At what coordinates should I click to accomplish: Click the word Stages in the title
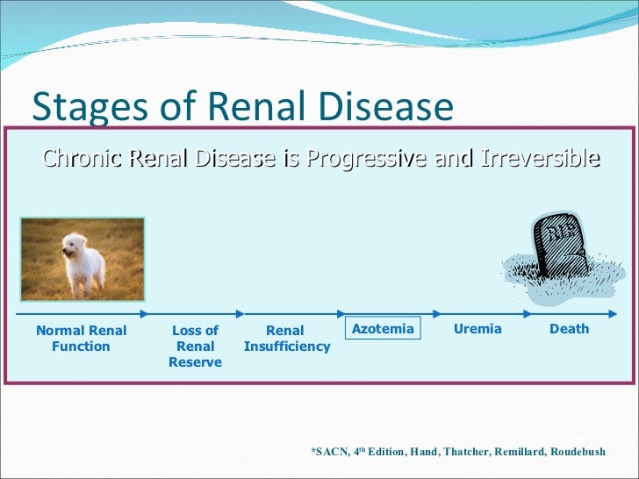coord(82,106)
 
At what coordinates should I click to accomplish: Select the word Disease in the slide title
coord(383,106)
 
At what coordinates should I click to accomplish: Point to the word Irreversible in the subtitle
coord(535,159)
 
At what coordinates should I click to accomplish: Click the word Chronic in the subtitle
coord(83,159)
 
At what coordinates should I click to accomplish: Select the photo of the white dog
coord(82,260)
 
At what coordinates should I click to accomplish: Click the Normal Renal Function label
coord(81,339)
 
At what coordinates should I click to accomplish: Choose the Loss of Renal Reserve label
coord(195,347)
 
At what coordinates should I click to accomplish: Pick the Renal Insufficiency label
coord(286,339)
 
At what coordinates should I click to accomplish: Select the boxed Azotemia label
coord(382,329)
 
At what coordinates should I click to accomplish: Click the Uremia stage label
coord(477,329)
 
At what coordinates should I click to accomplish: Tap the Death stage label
coord(569,329)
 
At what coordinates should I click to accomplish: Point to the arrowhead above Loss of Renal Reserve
coord(146,313)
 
